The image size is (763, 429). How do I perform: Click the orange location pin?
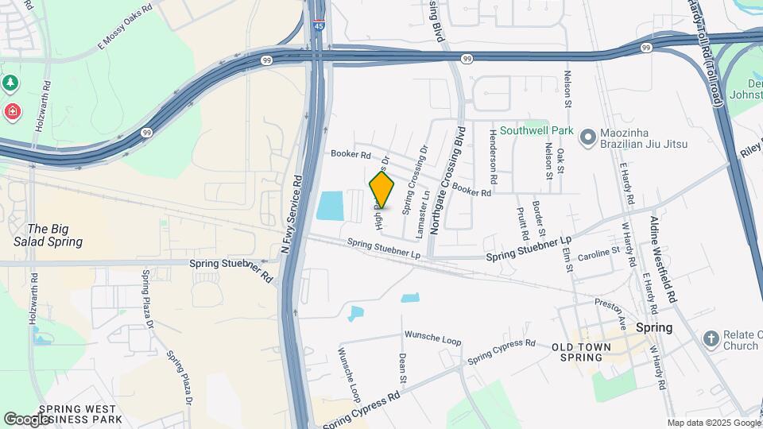[381, 191]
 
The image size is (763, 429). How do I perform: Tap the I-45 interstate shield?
[319, 26]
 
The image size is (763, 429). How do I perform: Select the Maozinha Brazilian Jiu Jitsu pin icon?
[587, 138]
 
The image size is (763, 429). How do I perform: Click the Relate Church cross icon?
[711, 340]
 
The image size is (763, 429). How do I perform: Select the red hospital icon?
[12, 111]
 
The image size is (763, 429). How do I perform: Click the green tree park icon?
[10, 83]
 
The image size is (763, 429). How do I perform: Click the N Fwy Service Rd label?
[291, 214]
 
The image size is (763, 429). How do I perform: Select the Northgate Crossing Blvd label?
[447, 181]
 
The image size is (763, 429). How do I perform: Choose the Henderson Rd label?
[494, 153]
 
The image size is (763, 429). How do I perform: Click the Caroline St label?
[598, 253]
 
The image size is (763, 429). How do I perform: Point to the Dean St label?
[403, 368]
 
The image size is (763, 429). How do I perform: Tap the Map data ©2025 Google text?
[712, 423]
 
